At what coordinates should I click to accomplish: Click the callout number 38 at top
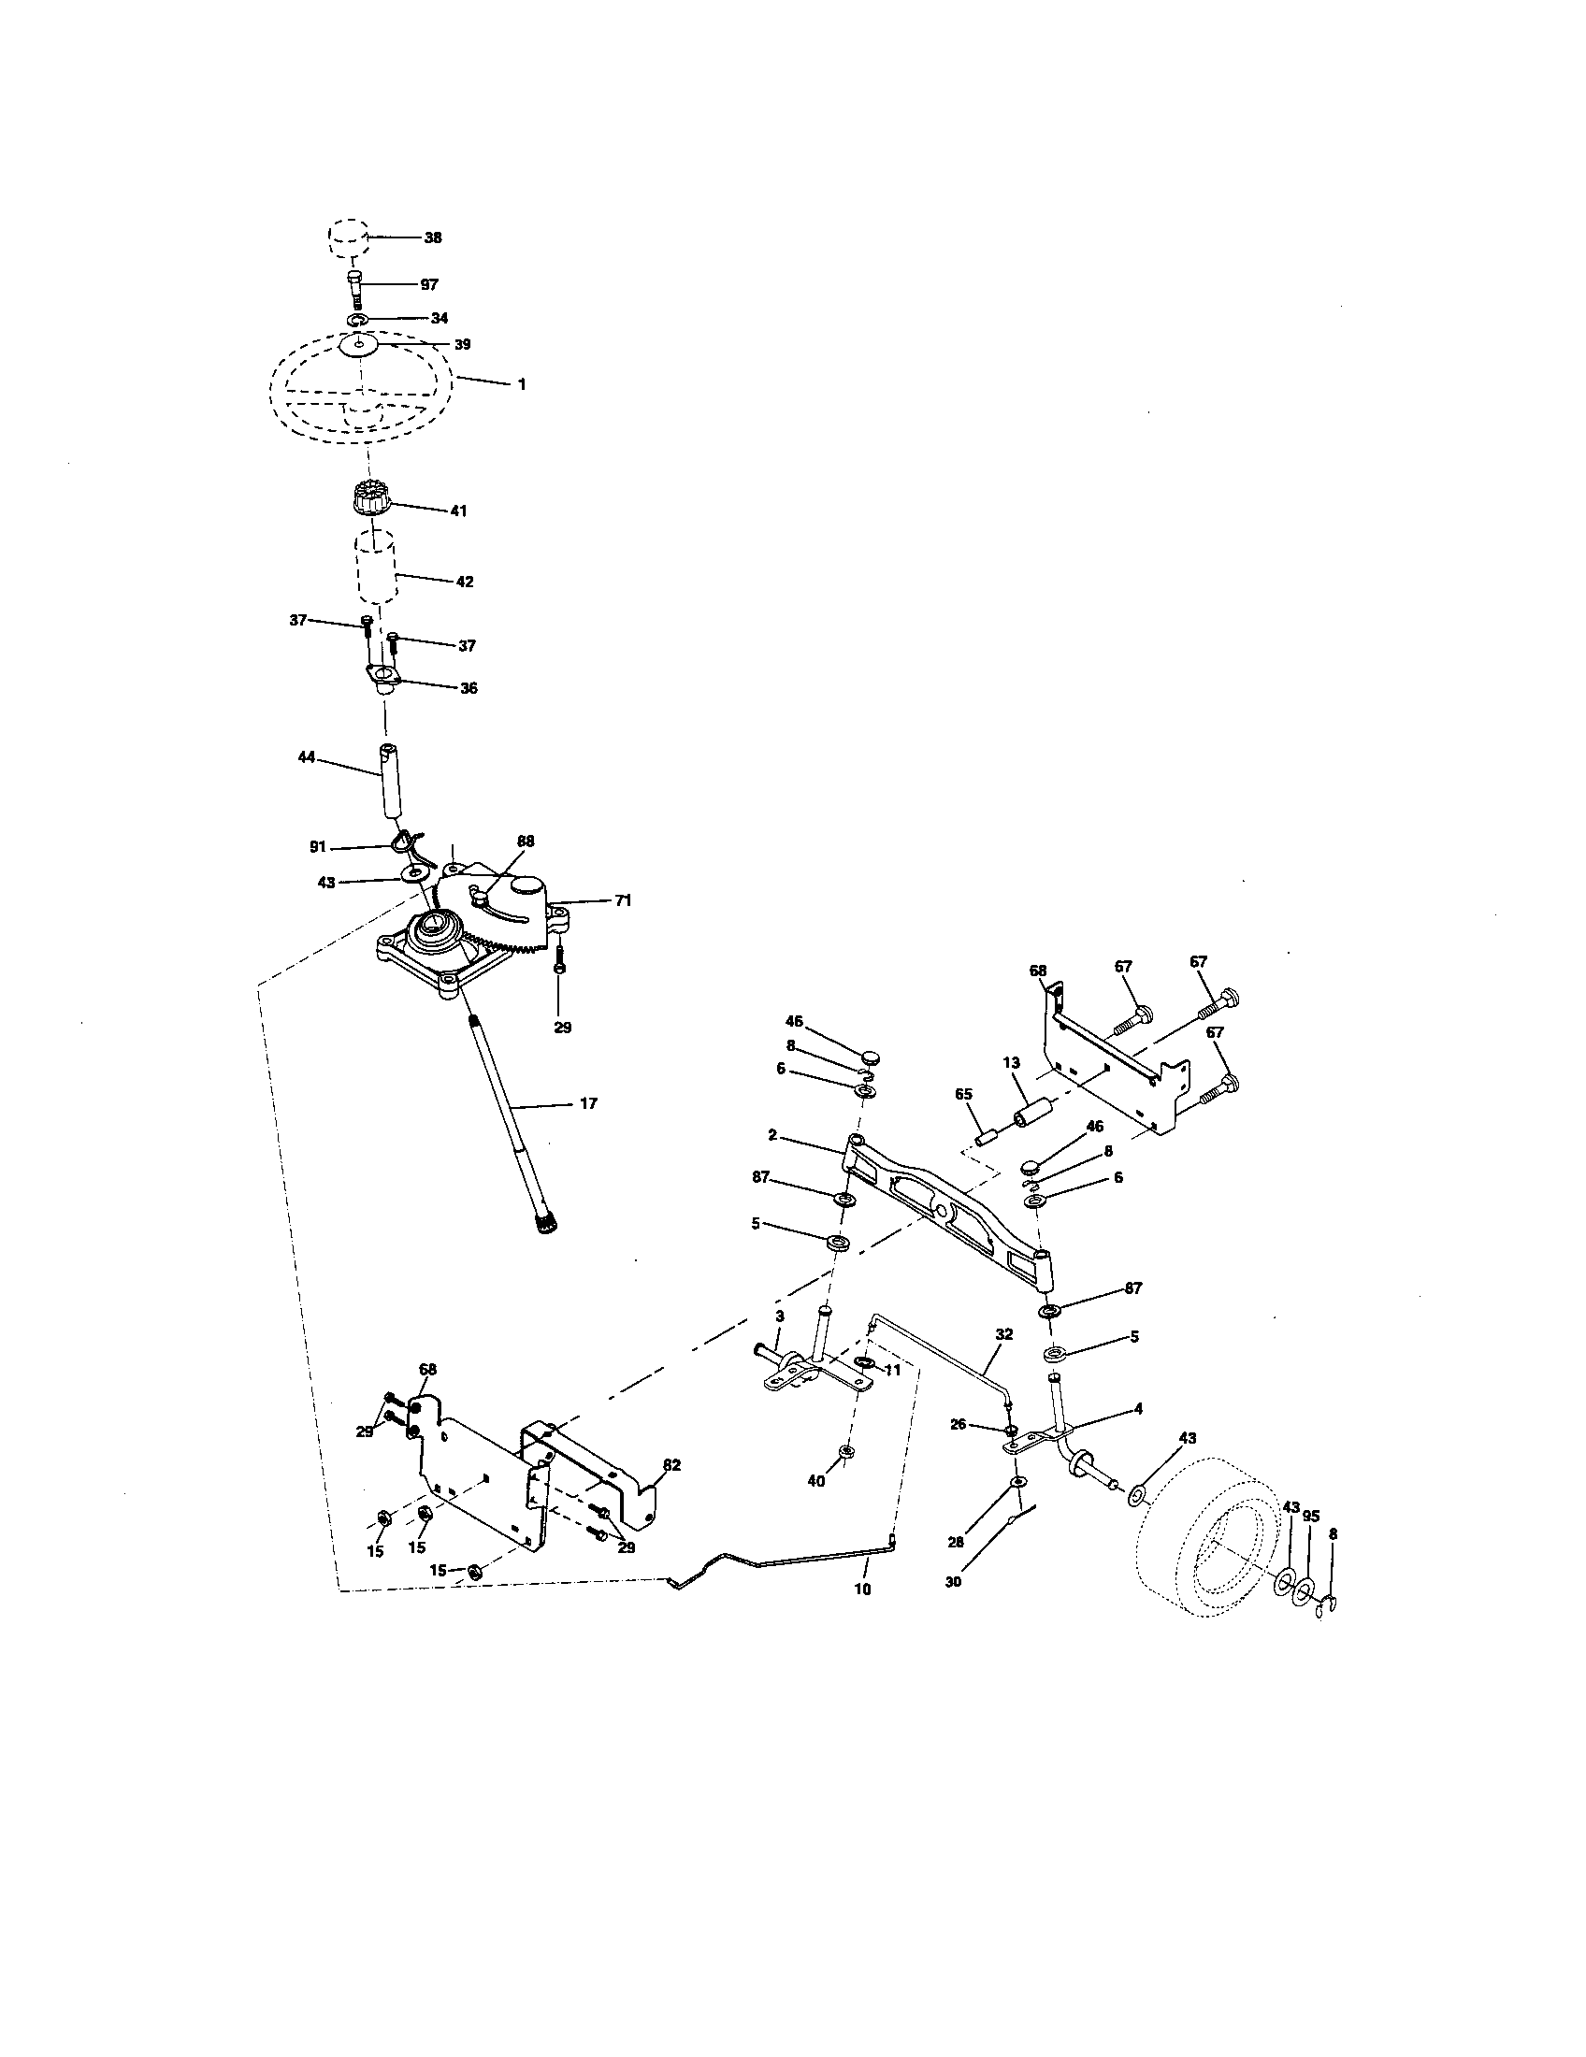click(x=432, y=238)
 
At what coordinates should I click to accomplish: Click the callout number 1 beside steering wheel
click(x=522, y=384)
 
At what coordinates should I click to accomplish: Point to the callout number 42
click(x=464, y=582)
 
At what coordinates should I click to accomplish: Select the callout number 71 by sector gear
click(x=623, y=900)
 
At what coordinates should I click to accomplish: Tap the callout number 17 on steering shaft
click(x=587, y=1103)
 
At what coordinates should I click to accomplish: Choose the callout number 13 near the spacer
click(x=1011, y=1062)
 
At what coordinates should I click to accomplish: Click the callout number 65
click(x=962, y=1096)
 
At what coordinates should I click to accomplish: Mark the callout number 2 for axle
click(x=772, y=1136)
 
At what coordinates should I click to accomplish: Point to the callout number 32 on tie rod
click(x=1004, y=1333)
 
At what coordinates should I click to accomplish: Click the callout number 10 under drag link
click(x=863, y=1588)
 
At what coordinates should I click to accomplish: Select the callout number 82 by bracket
click(x=671, y=1464)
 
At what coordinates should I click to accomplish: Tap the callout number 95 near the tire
click(x=1311, y=1516)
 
